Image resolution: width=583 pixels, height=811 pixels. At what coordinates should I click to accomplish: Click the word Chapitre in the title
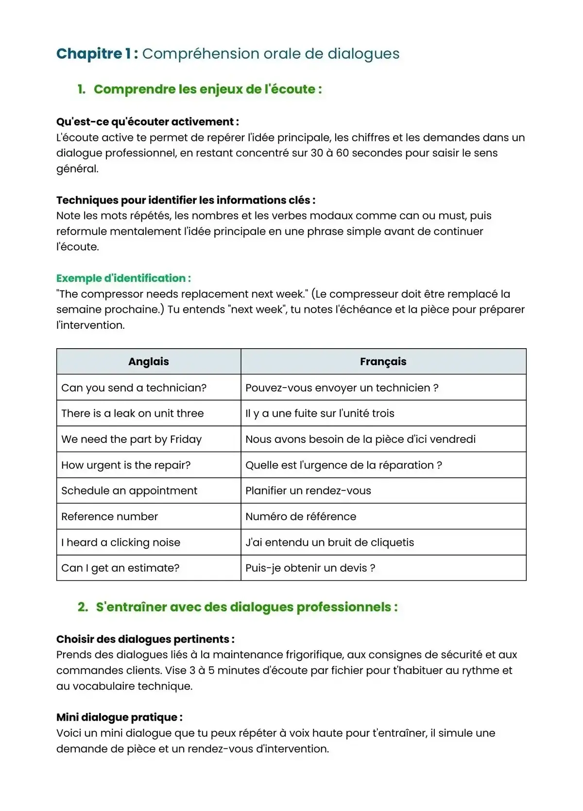(89, 53)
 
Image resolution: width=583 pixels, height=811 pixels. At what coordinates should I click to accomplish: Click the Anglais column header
(149, 361)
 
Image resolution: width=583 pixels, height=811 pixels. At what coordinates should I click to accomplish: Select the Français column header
(383, 361)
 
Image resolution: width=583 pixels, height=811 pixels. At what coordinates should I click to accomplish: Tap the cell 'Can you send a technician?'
(134, 388)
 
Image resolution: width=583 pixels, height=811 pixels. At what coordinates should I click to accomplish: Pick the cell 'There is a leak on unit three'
(132, 413)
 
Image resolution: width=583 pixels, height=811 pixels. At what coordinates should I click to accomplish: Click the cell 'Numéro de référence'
(301, 516)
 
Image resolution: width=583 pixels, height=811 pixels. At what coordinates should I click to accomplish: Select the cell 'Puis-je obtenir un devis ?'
(310, 568)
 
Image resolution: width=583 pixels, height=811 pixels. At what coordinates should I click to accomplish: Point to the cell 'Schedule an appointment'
(129, 490)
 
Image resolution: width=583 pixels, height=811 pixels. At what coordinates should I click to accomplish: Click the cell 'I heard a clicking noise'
(120, 542)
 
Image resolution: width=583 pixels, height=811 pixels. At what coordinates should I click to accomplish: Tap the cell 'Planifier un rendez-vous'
(308, 490)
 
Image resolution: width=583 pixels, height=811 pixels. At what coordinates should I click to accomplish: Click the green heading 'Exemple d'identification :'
(123, 278)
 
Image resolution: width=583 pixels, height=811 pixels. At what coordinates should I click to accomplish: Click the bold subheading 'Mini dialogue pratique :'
(120, 717)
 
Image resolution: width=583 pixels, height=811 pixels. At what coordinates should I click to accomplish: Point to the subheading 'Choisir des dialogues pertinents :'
(145, 639)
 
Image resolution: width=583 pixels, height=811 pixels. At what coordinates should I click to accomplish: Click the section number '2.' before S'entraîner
(83, 607)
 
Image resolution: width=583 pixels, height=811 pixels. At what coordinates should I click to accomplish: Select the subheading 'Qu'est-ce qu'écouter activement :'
(147, 122)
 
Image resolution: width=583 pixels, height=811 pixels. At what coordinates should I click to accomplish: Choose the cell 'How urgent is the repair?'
(126, 465)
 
